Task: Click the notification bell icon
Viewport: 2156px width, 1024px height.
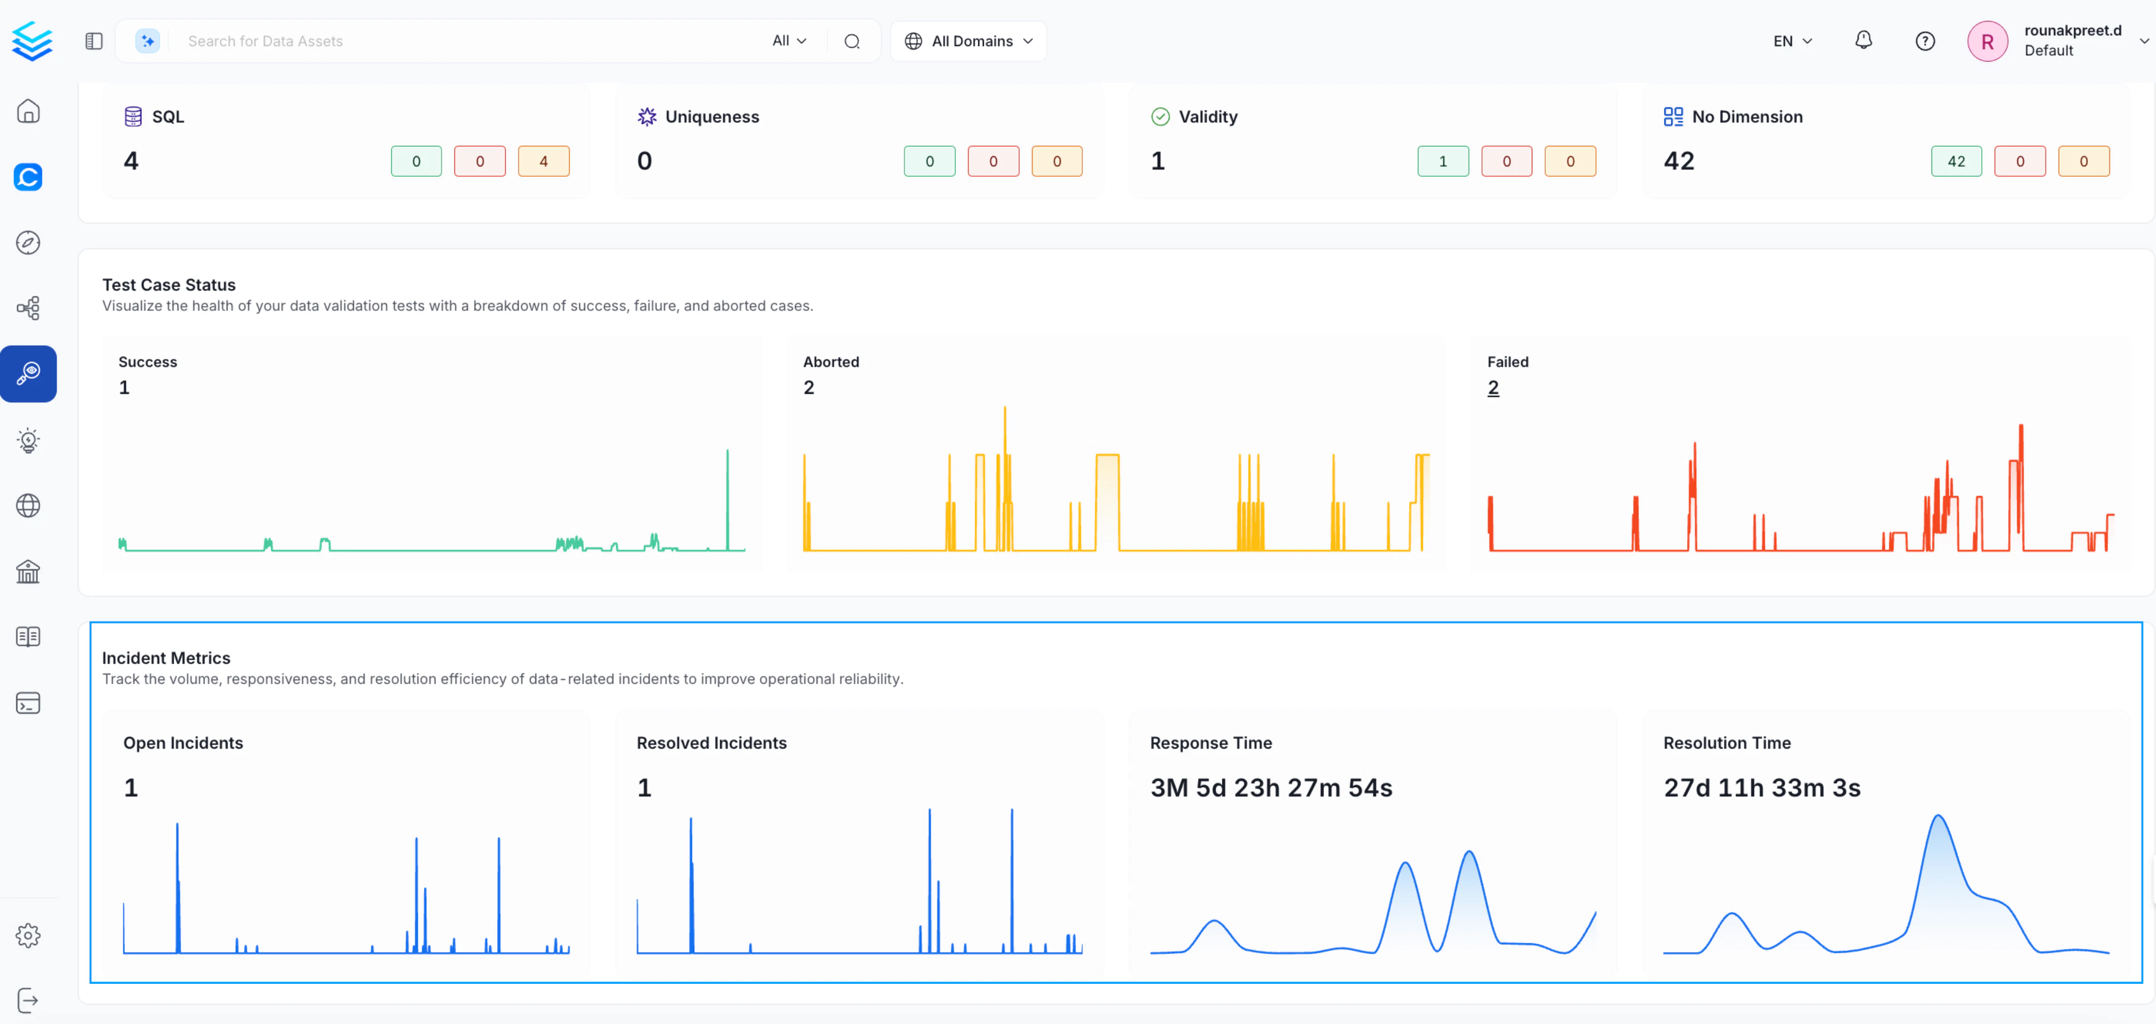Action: [x=1863, y=40]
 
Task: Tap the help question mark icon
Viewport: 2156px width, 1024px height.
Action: [x=1925, y=41]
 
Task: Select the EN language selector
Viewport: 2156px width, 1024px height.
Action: [x=1792, y=41]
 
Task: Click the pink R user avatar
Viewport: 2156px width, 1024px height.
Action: [x=1987, y=41]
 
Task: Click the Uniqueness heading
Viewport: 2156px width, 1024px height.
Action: [x=712, y=116]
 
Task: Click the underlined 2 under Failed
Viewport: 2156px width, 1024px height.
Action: [x=1493, y=387]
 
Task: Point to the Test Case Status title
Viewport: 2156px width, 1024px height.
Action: [x=169, y=285]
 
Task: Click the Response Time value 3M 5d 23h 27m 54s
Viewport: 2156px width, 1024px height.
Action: [x=1270, y=788]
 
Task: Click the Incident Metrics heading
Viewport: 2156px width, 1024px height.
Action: [x=166, y=658]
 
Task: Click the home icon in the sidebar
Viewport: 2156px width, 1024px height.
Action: [x=28, y=111]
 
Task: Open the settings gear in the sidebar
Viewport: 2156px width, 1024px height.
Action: [x=28, y=935]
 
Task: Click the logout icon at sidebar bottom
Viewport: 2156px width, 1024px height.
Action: [x=28, y=1000]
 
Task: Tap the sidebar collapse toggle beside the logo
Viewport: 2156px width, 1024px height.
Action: [x=94, y=41]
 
